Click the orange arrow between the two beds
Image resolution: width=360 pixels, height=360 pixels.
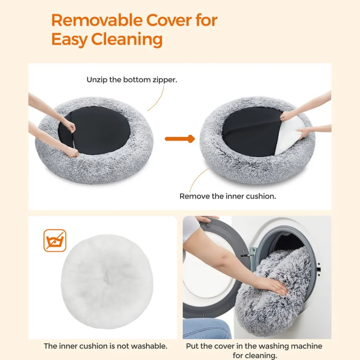tap(180, 139)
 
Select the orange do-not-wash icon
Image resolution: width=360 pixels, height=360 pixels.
tap(55, 241)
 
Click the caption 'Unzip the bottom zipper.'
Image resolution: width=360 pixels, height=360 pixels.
tap(132, 80)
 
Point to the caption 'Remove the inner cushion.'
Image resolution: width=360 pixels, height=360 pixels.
tap(228, 196)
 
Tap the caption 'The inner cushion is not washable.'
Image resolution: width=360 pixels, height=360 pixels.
tap(105, 346)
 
